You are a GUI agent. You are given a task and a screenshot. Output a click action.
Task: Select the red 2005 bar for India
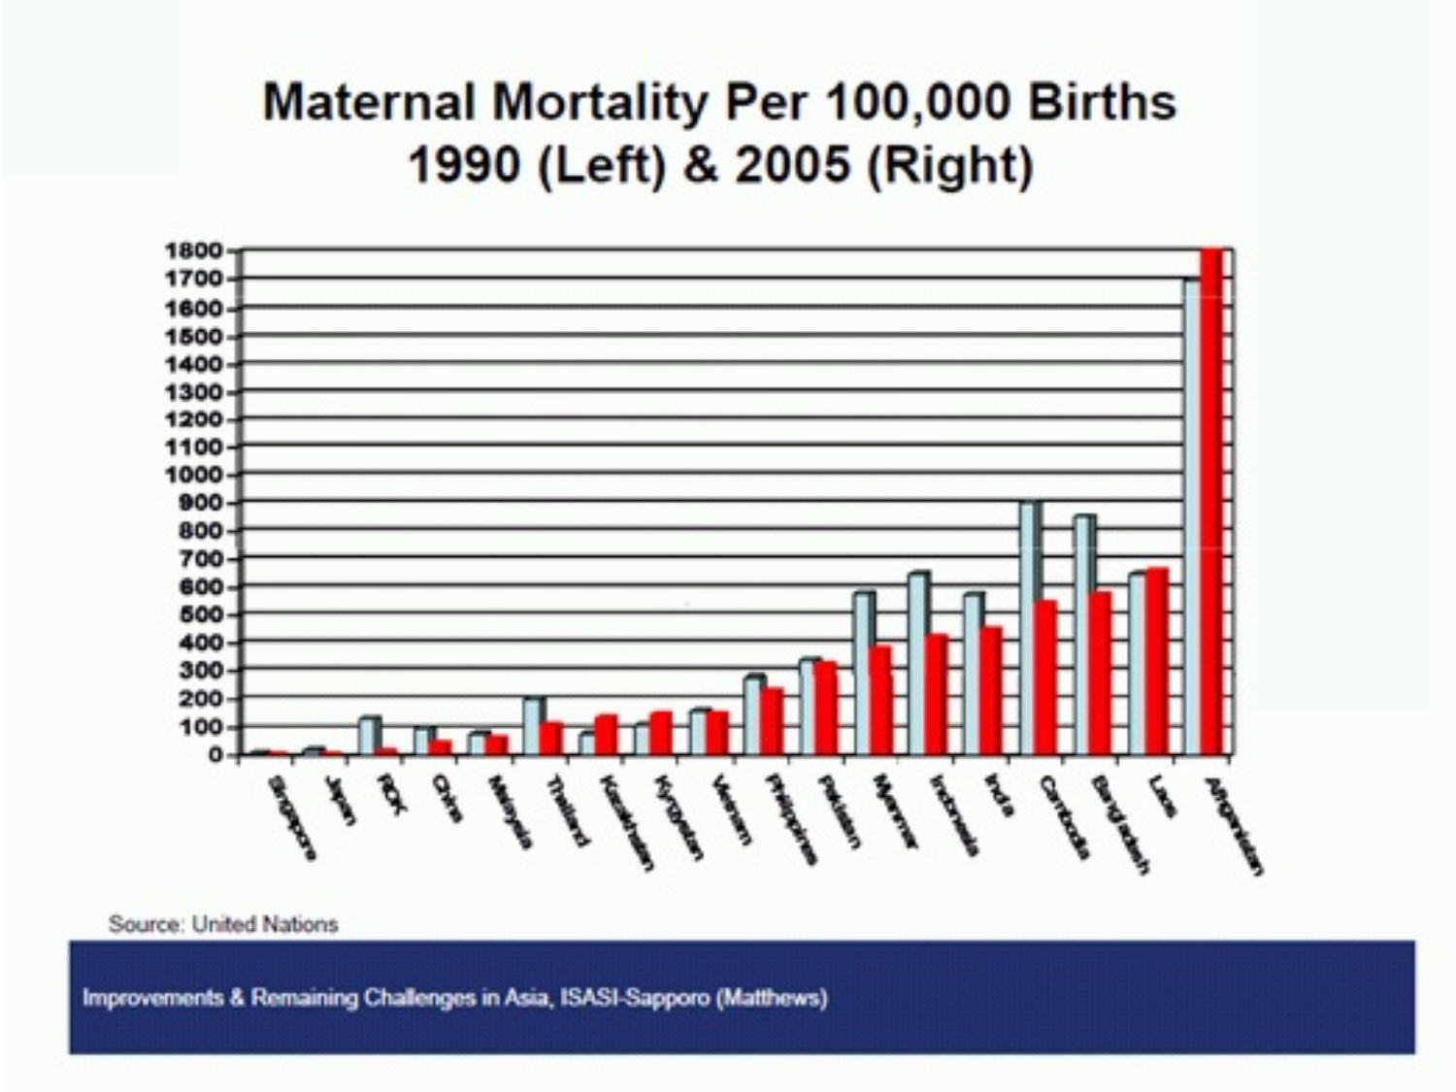(990, 690)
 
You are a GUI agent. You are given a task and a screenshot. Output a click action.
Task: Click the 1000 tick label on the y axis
(194, 476)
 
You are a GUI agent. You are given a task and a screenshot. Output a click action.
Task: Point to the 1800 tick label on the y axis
(194, 250)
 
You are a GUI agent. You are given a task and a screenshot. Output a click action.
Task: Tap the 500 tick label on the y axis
(201, 615)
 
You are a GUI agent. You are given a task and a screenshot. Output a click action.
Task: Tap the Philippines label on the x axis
(791, 817)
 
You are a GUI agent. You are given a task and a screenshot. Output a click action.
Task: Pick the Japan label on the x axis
(337, 801)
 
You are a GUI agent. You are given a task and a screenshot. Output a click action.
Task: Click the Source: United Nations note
(223, 924)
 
